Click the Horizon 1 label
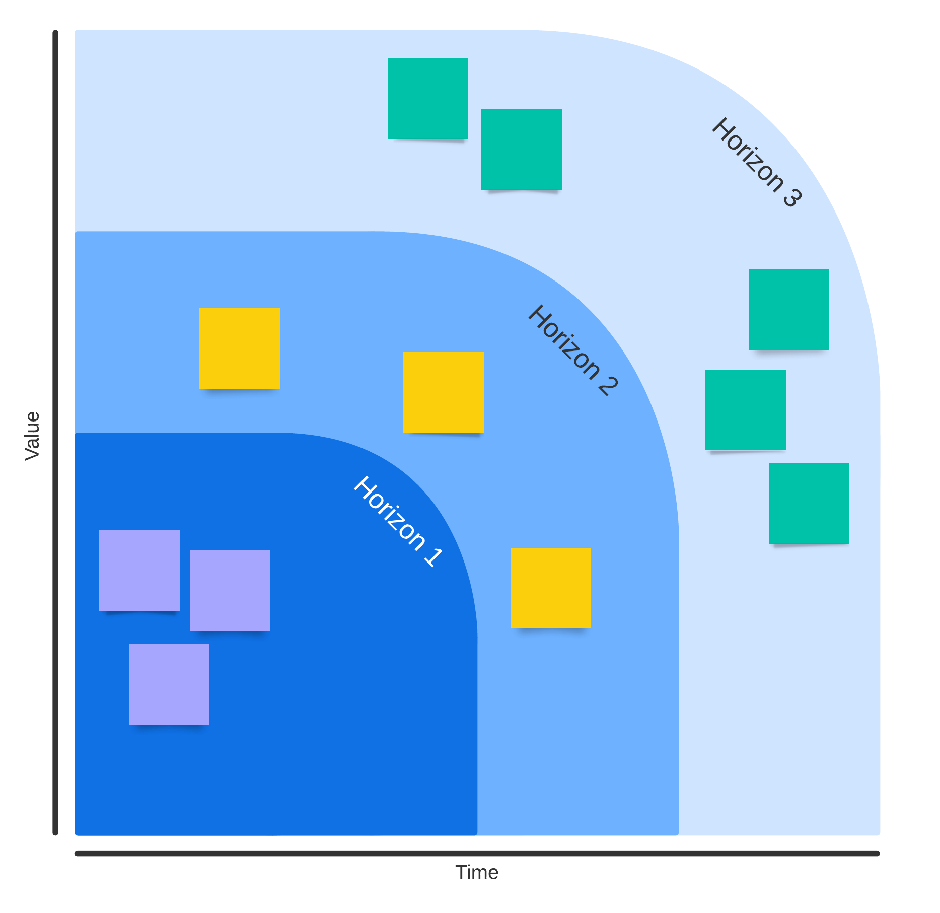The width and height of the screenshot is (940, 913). point(398,521)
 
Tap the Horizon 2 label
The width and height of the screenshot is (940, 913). point(572,350)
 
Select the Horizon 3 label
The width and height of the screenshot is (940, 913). point(756,162)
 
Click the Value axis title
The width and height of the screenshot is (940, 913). point(32,436)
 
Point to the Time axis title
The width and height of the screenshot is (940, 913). point(476,872)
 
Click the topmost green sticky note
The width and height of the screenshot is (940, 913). point(427,98)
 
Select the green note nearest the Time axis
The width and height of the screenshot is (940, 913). point(809,503)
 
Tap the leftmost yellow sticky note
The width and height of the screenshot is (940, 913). point(239,348)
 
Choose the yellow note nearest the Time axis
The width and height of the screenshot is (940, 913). point(550,588)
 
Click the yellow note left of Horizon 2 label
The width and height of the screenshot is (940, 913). point(443,392)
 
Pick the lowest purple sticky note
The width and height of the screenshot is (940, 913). point(169,684)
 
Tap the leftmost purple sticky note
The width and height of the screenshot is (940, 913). point(139,570)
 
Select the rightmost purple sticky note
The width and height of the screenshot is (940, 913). point(230,590)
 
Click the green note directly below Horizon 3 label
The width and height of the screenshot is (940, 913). point(788,309)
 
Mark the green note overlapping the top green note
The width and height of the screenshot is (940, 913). point(521,149)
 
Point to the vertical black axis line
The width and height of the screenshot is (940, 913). point(55,433)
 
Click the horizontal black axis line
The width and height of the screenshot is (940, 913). point(476,853)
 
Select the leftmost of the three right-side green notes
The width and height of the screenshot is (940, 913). point(745,409)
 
